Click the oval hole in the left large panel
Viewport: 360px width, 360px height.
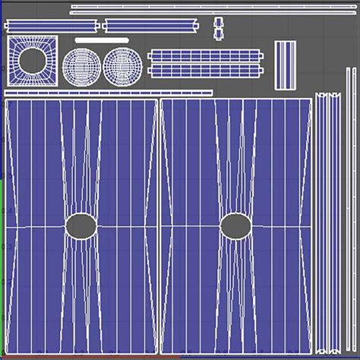[x=81, y=225]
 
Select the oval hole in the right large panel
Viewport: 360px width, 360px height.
[x=235, y=226]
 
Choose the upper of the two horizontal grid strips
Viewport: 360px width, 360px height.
[x=206, y=55]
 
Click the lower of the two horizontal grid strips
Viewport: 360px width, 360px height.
[x=206, y=70]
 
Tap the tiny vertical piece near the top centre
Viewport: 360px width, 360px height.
[x=219, y=27]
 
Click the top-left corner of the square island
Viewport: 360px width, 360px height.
[x=8, y=37]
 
